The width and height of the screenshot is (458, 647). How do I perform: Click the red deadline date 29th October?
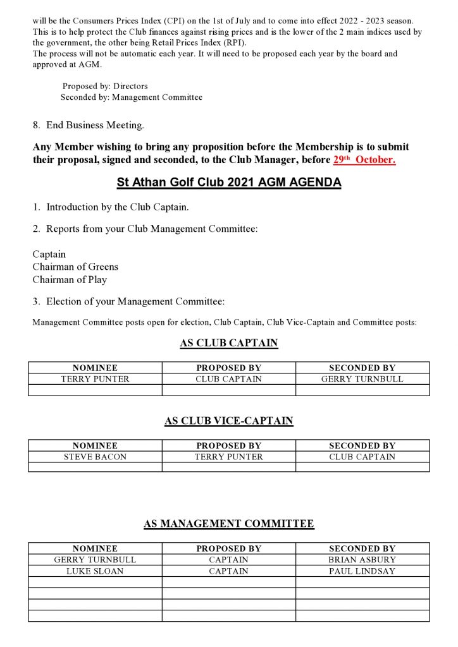(x=364, y=160)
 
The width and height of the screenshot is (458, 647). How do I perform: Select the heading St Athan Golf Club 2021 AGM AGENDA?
(x=229, y=183)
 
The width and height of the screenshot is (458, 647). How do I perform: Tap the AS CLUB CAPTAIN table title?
(x=229, y=344)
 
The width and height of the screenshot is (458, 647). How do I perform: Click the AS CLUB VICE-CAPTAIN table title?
(x=229, y=421)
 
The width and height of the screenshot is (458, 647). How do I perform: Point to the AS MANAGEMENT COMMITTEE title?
(x=229, y=524)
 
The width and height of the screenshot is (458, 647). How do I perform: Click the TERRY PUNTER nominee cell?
(x=95, y=379)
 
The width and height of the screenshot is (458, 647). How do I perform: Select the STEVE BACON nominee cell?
(x=95, y=457)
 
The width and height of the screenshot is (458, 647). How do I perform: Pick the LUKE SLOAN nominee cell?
(x=95, y=571)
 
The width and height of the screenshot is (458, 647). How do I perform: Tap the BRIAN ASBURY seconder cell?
(x=362, y=560)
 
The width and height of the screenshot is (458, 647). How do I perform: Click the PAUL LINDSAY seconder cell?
(x=362, y=571)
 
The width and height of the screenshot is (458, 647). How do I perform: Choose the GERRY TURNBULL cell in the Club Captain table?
(x=362, y=379)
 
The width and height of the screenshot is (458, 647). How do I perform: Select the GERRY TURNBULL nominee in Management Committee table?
(x=95, y=560)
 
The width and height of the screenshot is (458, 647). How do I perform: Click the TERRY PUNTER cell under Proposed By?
(x=228, y=457)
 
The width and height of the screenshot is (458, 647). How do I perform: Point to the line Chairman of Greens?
(x=75, y=267)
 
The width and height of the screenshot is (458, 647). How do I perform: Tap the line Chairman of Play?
(x=70, y=279)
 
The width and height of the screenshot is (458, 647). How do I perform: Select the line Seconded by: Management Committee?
(x=132, y=97)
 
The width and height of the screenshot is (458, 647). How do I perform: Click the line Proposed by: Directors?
(x=105, y=86)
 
